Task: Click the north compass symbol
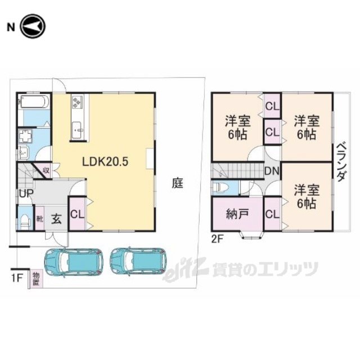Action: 33,26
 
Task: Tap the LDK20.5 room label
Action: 105,162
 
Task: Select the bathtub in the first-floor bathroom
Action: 34,102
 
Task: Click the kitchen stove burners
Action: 76,102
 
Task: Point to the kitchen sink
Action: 78,130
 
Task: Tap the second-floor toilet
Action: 221,188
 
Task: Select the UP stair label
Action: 26,193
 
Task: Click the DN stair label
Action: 272,171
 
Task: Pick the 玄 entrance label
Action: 56,219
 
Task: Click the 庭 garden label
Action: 178,183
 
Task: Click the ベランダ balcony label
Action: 341,162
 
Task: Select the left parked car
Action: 74,262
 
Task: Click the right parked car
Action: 138,261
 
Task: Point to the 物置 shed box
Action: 36,278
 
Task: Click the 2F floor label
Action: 217,239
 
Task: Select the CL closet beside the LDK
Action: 78,214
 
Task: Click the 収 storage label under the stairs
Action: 46,170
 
